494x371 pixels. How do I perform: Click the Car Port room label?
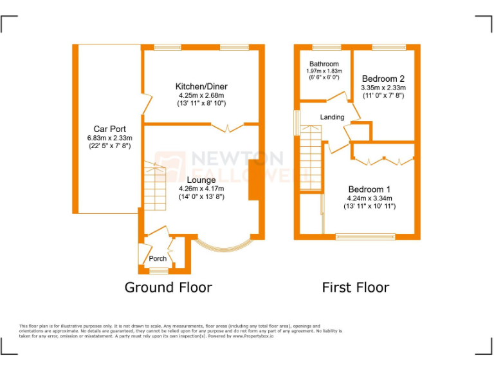pyautogui.click(x=109, y=129)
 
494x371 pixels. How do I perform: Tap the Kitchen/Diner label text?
pyautogui.click(x=201, y=86)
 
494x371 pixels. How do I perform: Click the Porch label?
pyautogui.click(x=158, y=259)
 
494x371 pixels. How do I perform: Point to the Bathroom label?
pyautogui.click(x=324, y=64)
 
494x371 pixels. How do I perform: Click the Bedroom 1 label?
pyautogui.click(x=369, y=189)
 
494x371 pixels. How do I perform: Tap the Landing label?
pyautogui.click(x=332, y=117)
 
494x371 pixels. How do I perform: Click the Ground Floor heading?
pyautogui.click(x=168, y=287)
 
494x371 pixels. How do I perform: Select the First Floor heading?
pyautogui.click(x=356, y=287)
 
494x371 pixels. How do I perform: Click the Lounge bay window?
pyautogui.click(x=223, y=247)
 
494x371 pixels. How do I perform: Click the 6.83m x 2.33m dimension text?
pyautogui.click(x=109, y=138)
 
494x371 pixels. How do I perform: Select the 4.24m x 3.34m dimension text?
pyautogui.click(x=369, y=198)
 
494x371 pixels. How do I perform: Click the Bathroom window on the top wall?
pyautogui.click(x=326, y=47)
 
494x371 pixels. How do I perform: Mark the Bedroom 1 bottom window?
pyautogui.click(x=365, y=236)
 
